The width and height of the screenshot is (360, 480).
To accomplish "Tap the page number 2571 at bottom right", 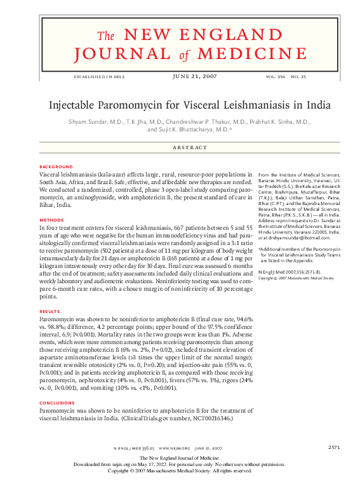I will (x=335, y=448).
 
